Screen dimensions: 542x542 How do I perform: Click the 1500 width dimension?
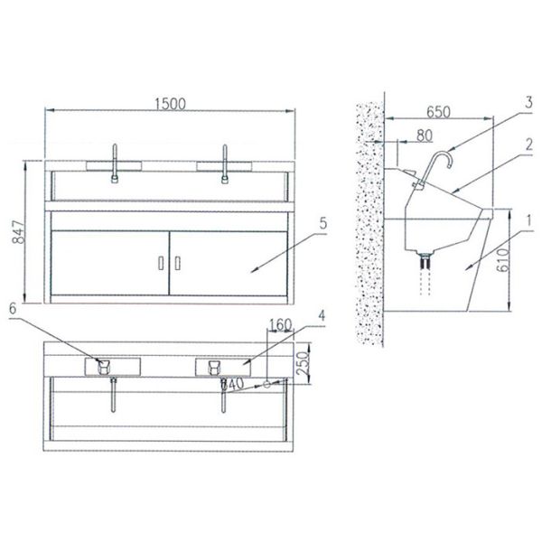(x=169, y=103)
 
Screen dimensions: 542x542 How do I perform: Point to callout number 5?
(x=322, y=220)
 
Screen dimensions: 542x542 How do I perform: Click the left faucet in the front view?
(x=115, y=164)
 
